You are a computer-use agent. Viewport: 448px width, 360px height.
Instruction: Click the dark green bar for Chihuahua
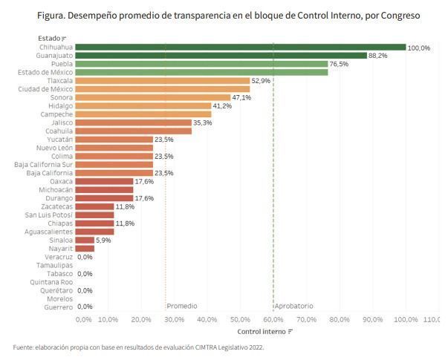pos(241,47)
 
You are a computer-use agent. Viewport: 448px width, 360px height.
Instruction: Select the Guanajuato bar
pos(221,56)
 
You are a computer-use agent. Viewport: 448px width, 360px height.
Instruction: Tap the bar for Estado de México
pos(202,72)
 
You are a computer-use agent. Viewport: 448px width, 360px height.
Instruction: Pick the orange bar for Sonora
pos(153,97)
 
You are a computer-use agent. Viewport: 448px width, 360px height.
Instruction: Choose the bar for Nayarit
pos(85,249)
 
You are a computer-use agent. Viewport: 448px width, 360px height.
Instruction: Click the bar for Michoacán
pos(104,190)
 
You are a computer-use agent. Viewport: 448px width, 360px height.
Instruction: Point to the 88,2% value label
pos(377,56)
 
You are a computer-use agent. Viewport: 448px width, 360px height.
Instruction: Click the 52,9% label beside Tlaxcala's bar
pos(261,81)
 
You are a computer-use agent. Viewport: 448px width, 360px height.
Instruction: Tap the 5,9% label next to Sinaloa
pos(103,240)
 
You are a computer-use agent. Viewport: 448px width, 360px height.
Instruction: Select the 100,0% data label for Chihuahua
pos(418,48)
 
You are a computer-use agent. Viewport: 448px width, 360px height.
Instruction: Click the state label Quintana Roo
pos(51,282)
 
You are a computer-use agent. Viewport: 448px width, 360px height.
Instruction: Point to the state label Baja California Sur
pos(43,165)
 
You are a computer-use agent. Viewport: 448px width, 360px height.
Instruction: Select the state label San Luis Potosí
pos(49,215)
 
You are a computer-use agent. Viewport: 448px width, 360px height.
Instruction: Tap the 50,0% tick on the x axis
pos(240,319)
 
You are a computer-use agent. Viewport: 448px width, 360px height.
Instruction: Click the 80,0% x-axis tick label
pos(340,319)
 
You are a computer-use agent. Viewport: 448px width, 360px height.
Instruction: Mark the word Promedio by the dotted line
pos(182,306)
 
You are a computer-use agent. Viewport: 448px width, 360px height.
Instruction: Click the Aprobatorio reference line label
pos(294,306)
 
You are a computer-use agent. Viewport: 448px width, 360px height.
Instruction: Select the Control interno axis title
pos(262,332)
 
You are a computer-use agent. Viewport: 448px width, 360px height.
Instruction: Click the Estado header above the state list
pos(49,39)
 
